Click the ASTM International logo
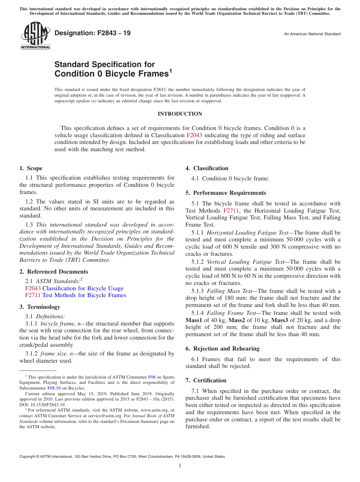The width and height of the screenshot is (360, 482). point(35,36)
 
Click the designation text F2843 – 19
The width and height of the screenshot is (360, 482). point(92,33)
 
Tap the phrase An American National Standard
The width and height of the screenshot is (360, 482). point(312,34)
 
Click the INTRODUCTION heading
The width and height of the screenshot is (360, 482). point(180,114)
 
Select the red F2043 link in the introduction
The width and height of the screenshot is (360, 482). point(194,135)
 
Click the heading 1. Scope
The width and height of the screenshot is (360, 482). point(31,168)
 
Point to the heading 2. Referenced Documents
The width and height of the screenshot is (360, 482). point(54,272)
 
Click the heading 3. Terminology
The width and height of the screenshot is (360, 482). point(40,307)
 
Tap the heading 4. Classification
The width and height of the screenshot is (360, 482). point(207,168)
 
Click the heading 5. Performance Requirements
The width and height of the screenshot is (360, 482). point(226,193)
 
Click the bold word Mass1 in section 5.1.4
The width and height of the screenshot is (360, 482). point(194,320)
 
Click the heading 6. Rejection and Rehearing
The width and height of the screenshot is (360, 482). point(222,349)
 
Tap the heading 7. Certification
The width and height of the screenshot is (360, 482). point(206,380)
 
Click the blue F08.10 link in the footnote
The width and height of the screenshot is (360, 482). point(54,388)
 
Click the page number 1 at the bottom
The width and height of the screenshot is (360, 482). point(180,465)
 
